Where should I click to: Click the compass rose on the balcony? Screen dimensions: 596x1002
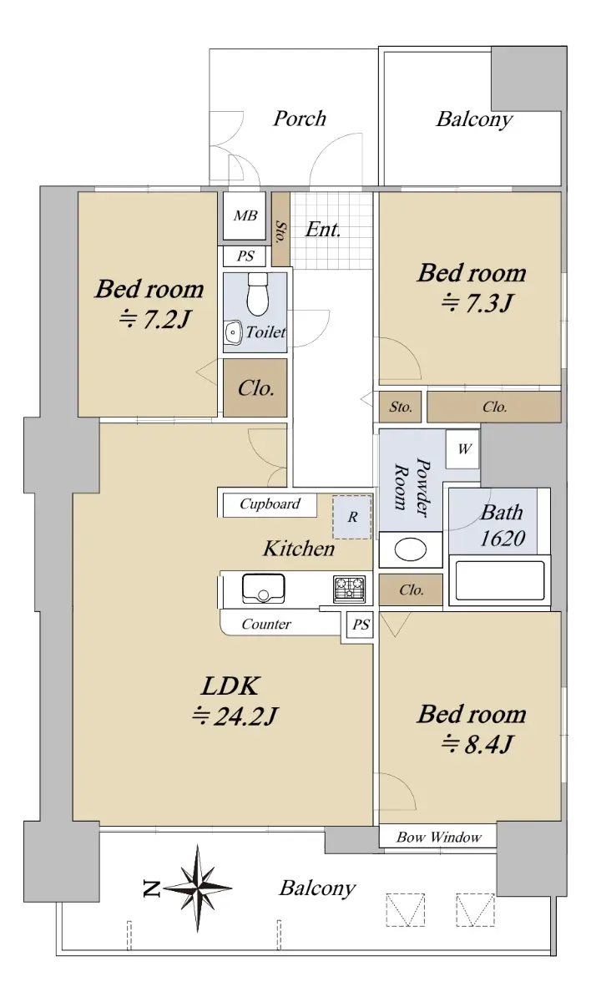click(198, 888)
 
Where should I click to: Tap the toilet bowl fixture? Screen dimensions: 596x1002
click(258, 294)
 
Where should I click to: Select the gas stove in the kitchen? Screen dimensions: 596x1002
click(349, 589)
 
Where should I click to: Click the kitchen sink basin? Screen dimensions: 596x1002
click(263, 589)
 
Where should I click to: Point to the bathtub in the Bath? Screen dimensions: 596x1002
click(500, 580)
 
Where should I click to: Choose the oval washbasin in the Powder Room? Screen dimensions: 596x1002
click(411, 549)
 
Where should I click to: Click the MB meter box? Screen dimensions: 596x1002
click(245, 215)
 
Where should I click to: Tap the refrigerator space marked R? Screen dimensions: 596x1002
click(352, 517)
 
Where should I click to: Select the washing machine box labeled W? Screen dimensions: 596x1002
click(462, 448)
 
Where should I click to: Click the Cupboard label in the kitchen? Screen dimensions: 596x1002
click(270, 504)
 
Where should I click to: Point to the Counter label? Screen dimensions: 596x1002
click(266, 624)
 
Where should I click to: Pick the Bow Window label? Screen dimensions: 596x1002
click(438, 837)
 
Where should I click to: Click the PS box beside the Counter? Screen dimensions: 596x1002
click(361, 625)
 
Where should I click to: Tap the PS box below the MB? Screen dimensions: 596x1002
click(245, 256)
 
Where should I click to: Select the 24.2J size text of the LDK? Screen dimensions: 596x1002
click(235, 716)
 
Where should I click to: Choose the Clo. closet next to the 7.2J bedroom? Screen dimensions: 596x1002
click(255, 387)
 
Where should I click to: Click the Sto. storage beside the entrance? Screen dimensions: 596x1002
click(280, 229)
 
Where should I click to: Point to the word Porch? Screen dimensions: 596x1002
click(300, 119)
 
